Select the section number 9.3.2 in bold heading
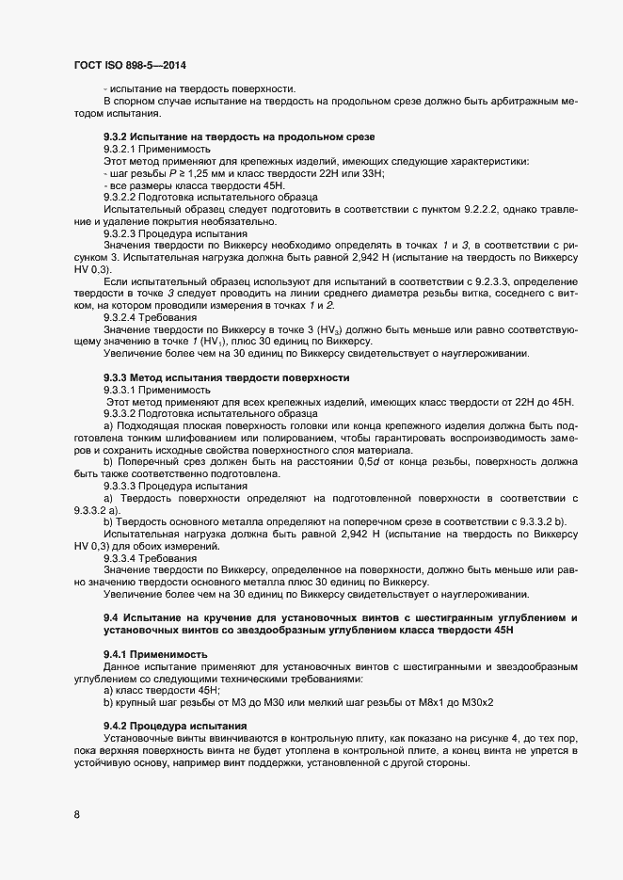point(118,137)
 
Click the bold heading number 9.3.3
point(118,377)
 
